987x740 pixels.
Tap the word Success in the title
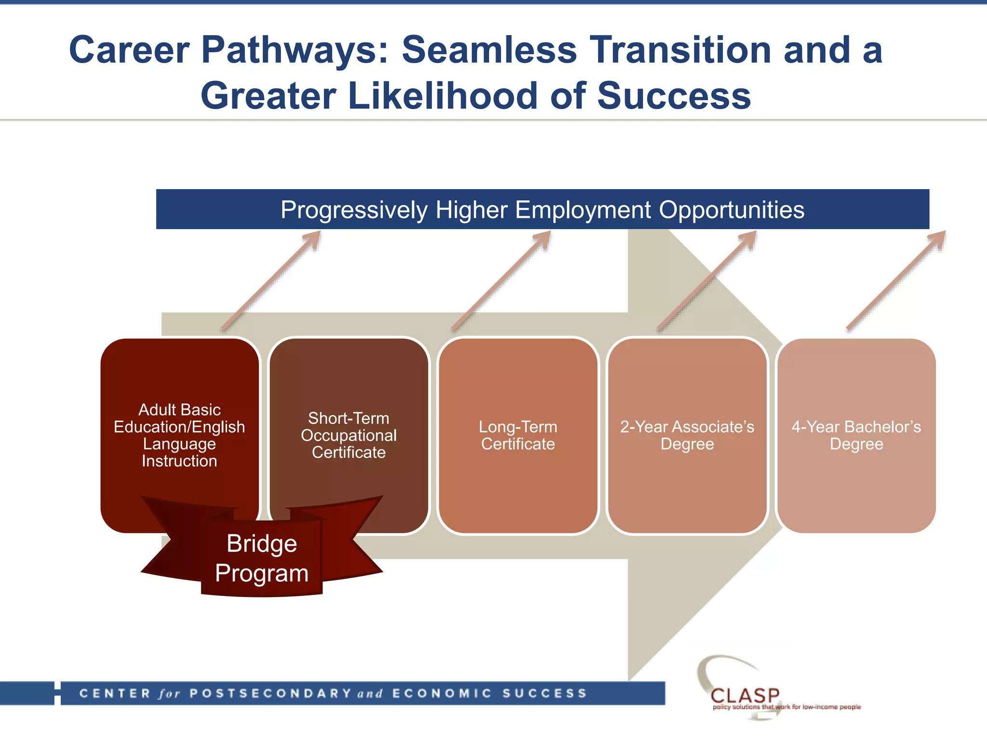coord(673,96)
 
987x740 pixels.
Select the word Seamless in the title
coord(489,50)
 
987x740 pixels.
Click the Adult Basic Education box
coord(179,435)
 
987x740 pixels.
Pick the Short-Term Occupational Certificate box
coord(348,435)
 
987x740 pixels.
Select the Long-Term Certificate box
coord(518,435)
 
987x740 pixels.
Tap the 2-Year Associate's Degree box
coord(687,435)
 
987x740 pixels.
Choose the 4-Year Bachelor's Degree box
coord(856,435)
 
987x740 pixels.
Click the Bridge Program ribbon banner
coord(262,558)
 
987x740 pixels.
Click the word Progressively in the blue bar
coord(354,210)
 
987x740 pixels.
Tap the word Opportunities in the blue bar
coord(731,210)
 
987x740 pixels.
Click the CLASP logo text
coord(745,696)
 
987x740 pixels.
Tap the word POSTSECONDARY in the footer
coord(270,694)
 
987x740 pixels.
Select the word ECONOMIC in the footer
coord(441,694)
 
